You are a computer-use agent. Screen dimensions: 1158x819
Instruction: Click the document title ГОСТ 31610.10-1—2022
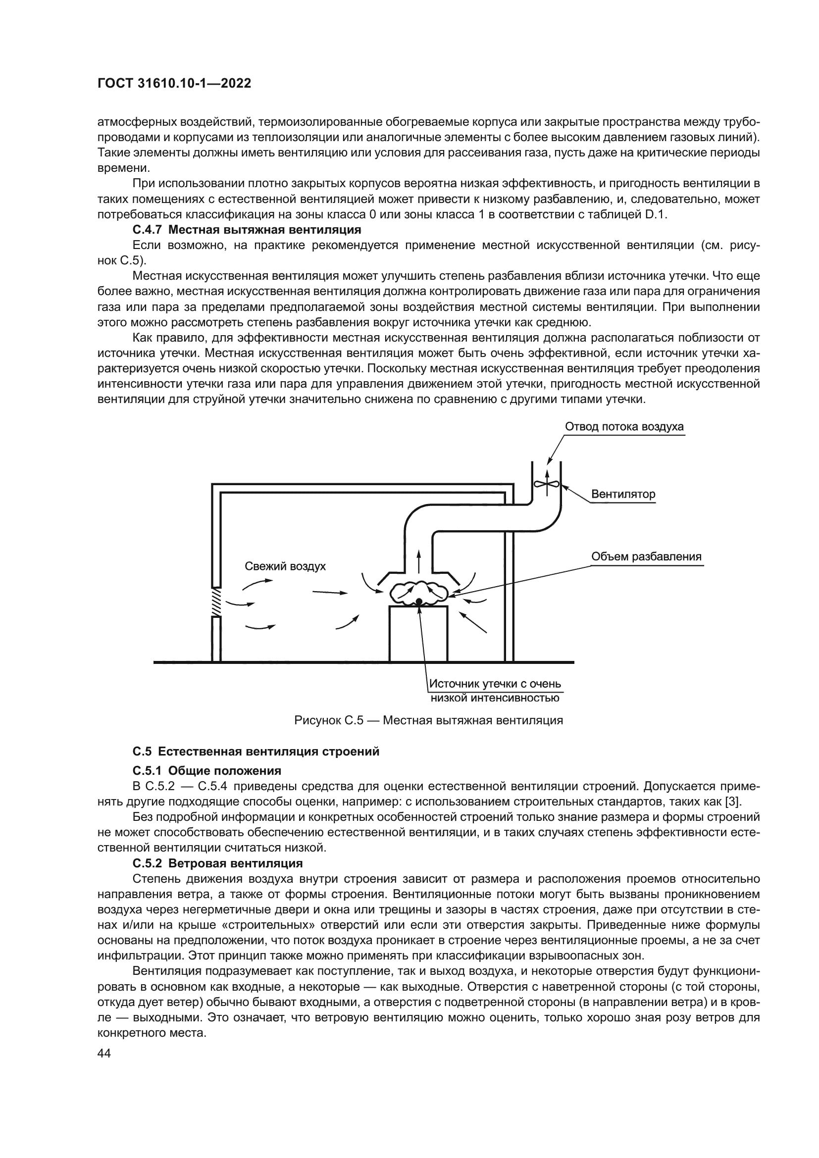pyautogui.click(x=174, y=84)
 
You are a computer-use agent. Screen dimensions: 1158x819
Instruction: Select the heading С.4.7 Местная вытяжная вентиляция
pyautogui.click(x=247, y=230)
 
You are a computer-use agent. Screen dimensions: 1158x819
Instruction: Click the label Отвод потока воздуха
pyautogui.click(x=624, y=427)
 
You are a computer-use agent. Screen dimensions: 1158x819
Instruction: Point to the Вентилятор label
pyautogui.click(x=623, y=494)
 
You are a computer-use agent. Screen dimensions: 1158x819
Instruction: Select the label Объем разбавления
pyautogui.click(x=646, y=557)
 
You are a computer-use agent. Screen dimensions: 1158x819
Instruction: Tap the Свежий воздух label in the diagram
pyautogui.click(x=285, y=566)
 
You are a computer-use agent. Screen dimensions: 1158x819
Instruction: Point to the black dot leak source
pyautogui.click(x=419, y=601)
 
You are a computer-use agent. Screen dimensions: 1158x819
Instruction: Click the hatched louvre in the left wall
pyautogui.click(x=216, y=602)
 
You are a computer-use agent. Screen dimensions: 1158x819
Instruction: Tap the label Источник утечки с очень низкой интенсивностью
pyautogui.click(x=494, y=691)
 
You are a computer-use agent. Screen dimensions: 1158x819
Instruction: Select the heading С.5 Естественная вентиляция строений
pyautogui.click(x=256, y=752)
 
